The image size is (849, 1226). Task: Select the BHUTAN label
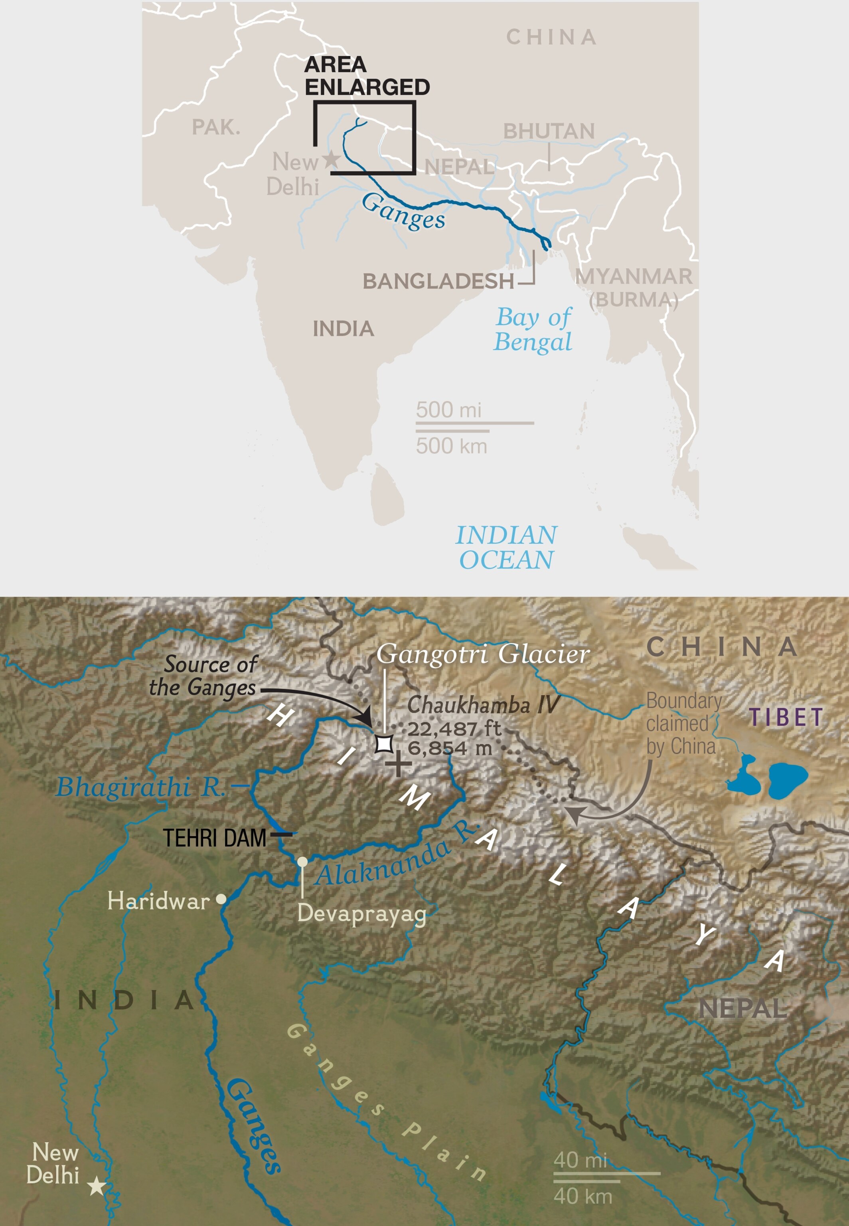pyautogui.click(x=549, y=131)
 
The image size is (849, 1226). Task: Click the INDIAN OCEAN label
pyautogui.click(x=506, y=548)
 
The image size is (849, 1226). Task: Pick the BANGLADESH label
pyautogui.click(x=438, y=281)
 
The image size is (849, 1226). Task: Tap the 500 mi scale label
pyautogui.click(x=448, y=410)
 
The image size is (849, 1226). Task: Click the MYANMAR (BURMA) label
pyautogui.click(x=634, y=288)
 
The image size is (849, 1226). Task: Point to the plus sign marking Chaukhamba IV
pyautogui.click(x=398, y=765)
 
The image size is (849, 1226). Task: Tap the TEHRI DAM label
pyautogui.click(x=214, y=838)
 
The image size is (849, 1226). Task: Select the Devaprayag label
pyautogui.click(x=362, y=913)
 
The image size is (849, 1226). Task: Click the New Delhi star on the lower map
pyautogui.click(x=96, y=1186)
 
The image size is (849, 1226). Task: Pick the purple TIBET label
pyautogui.click(x=786, y=717)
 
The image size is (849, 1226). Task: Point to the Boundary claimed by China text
pyautogui.click(x=683, y=724)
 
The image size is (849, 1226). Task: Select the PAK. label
pyautogui.click(x=216, y=128)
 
